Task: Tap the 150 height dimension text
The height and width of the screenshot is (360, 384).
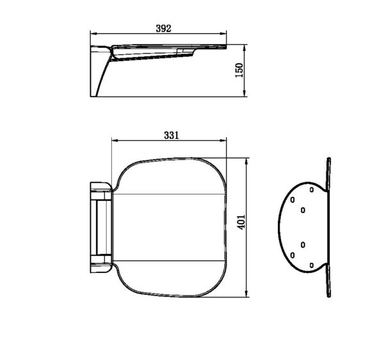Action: point(239,71)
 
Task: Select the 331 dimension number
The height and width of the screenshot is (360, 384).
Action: point(171,135)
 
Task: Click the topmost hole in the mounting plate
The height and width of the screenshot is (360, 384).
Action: point(311,189)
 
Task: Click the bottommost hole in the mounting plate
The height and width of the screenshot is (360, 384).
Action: point(311,265)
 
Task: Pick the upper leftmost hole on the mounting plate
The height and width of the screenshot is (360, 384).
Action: point(292,200)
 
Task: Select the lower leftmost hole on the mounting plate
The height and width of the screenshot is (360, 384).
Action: point(292,255)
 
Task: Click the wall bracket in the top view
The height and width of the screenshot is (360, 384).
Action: point(100,226)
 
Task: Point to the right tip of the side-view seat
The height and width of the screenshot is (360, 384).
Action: point(227,47)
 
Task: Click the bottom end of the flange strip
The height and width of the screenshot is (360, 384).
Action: point(328,295)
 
